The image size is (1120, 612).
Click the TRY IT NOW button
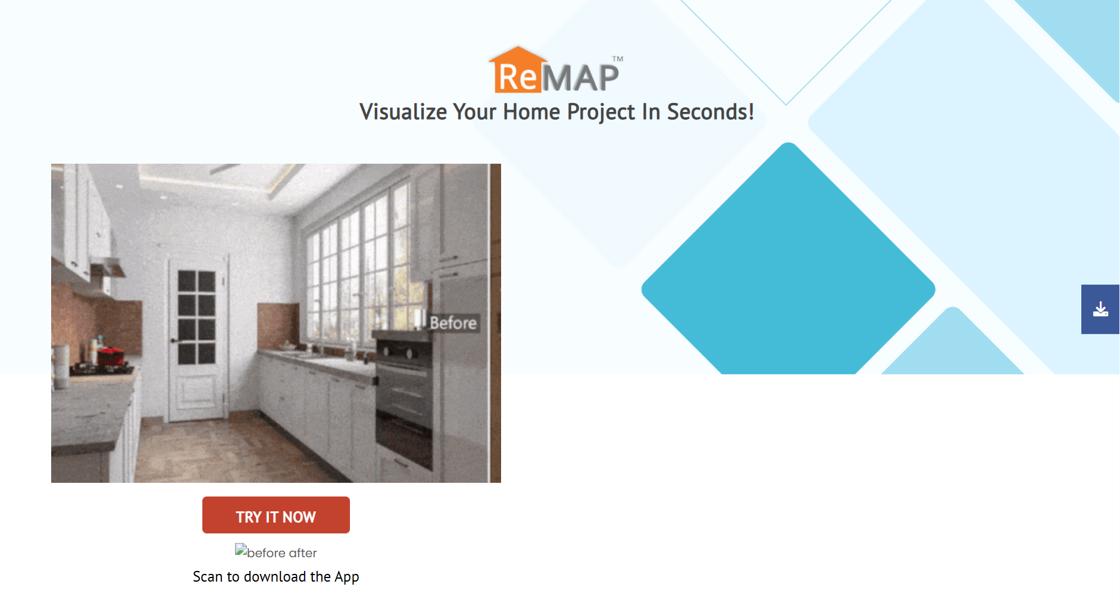click(276, 515)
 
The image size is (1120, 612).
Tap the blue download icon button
click(1100, 309)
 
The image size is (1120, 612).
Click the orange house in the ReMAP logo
click(517, 70)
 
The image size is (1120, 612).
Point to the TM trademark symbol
click(618, 59)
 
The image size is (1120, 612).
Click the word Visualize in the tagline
click(403, 112)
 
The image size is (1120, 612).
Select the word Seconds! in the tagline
click(711, 112)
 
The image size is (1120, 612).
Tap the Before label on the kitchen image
click(453, 323)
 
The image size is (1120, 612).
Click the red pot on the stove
click(110, 356)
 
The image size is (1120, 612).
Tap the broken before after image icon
click(241, 549)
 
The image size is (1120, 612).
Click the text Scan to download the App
click(276, 576)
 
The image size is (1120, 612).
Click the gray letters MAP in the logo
click(581, 77)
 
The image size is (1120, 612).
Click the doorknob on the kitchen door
click(173, 341)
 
